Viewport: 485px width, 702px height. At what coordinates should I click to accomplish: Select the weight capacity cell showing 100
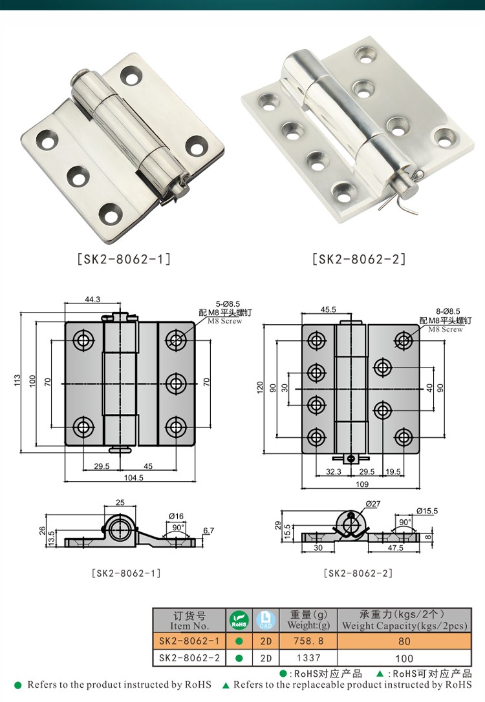(x=404, y=659)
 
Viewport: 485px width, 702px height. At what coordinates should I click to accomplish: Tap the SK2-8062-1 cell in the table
(x=189, y=642)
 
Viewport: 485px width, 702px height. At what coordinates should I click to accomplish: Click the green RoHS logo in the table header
(x=239, y=621)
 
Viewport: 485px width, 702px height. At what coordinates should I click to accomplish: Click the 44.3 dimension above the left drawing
(x=92, y=299)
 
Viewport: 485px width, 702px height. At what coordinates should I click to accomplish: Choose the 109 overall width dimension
(x=362, y=484)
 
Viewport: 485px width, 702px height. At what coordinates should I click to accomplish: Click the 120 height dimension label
(x=260, y=388)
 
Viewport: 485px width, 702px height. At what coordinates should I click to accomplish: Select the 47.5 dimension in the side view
(x=395, y=548)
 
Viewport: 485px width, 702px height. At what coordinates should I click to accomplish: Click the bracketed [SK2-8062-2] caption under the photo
(x=359, y=260)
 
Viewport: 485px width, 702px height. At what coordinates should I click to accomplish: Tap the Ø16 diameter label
(x=176, y=515)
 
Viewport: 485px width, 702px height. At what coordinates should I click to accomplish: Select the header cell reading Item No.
(x=189, y=625)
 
